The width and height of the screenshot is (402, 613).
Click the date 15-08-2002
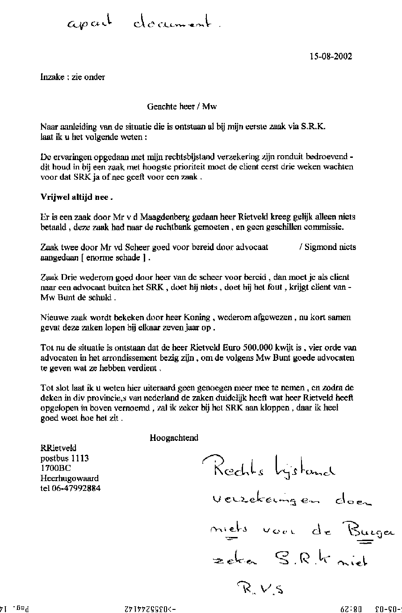click(330, 56)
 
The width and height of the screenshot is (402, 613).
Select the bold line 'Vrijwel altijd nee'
click(74, 197)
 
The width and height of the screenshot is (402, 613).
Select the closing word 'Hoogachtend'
click(174, 438)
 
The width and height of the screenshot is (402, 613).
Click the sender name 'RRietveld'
click(59, 448)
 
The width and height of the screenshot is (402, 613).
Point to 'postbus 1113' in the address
click(65, 458)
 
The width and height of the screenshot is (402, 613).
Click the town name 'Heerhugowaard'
click(70, 478)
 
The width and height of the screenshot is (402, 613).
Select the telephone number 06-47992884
click(71, 488)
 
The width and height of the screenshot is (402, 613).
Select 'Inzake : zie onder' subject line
click(73, 77)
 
